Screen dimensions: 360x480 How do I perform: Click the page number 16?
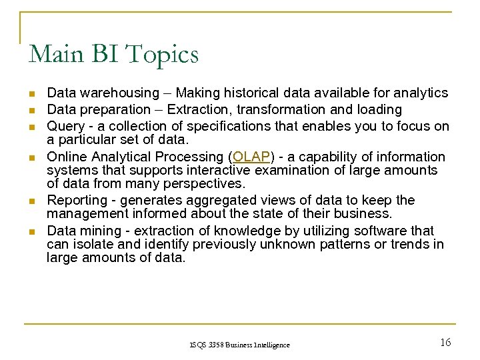coord(445,342)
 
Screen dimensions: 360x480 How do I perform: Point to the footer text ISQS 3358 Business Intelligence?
coord(239,345)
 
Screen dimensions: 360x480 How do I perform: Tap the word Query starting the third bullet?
coord(64,126)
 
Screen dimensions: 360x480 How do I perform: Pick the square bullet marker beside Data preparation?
coord(31,110)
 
